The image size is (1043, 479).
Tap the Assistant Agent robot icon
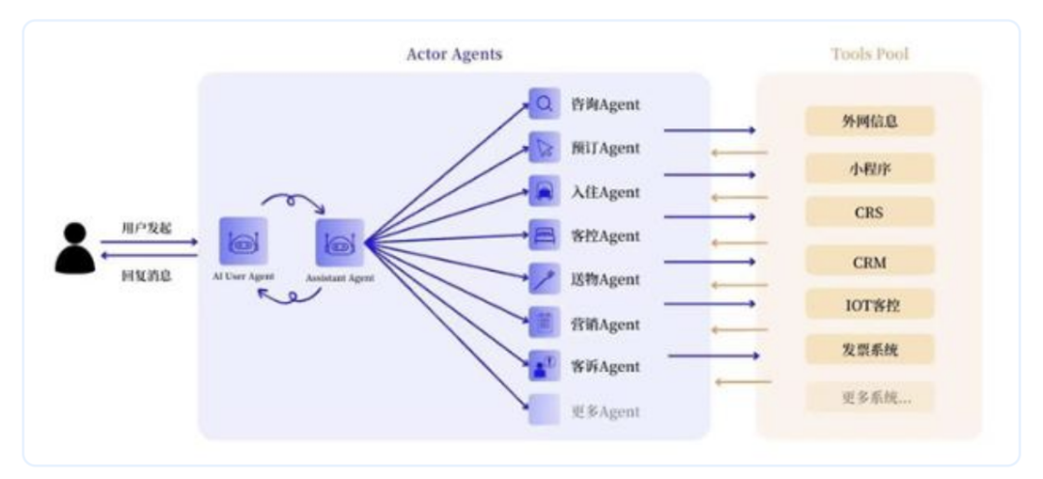[x=339, y=242]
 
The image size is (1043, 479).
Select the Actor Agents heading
[x=453, y=54]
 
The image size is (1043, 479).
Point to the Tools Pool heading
[x=869, y=54]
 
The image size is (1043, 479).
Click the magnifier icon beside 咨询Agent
[x=544, y=103]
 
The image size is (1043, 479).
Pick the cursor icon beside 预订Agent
[x=544, y=148]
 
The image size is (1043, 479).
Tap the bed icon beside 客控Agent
[x=544, y=235]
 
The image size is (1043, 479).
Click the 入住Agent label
[x=605, y=192]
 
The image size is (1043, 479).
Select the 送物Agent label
[x=605, y=279]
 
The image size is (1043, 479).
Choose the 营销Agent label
[x=605, y=324]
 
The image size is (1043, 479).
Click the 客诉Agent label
[x=605, y=367]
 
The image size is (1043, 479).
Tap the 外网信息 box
[x=869, y=122]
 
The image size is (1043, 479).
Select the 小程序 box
[x=869, y=167]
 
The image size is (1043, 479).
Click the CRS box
[x=869, y=211]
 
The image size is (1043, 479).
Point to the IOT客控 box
[x=869, y=304]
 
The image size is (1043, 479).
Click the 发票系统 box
[x=869, y=349]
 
